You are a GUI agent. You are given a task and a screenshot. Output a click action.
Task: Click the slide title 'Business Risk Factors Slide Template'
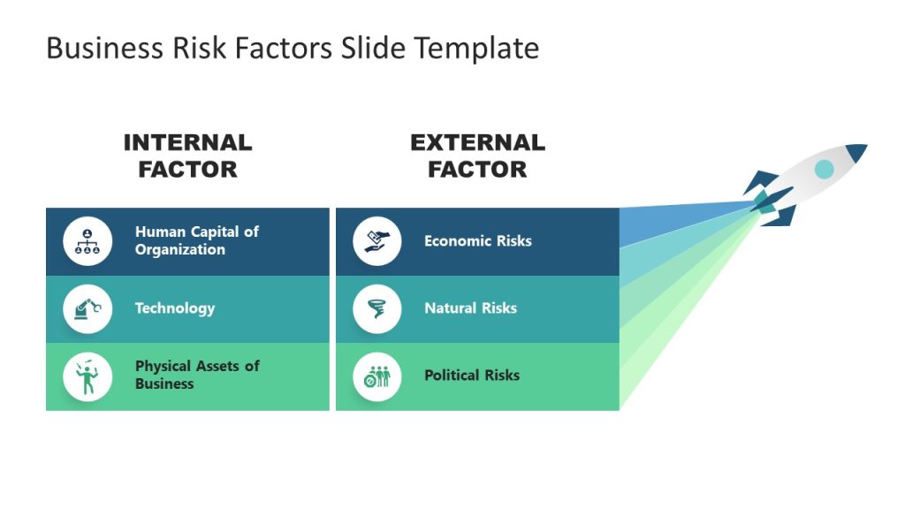(292, 48)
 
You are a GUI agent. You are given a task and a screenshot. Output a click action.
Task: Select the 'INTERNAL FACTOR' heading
(187, 156)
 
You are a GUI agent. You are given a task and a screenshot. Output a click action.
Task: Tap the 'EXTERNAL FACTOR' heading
(477, 156)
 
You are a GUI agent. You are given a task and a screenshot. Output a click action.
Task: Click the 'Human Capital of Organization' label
(196, 240)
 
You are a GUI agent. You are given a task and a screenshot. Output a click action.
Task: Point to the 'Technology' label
(174, 308)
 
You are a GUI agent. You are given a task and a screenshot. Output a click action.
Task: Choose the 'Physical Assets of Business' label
(196, 375)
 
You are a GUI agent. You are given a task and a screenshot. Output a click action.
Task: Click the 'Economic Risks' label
(477, 240)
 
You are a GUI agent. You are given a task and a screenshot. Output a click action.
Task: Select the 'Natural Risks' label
(470, 308)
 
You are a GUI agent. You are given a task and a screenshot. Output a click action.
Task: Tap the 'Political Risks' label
(472, 375)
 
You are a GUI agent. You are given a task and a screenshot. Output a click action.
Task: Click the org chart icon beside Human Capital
(87, 241)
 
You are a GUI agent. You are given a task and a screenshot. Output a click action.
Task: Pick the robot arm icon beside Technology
(87, 308)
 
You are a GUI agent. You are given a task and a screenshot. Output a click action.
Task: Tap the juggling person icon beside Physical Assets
(87, 376)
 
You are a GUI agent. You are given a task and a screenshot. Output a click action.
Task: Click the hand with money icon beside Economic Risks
(377, 241)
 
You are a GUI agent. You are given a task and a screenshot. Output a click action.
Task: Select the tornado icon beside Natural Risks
(377, 309)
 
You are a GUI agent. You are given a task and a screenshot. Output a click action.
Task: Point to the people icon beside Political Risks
(377, 376)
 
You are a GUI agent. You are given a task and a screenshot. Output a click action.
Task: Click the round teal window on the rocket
(824, 169)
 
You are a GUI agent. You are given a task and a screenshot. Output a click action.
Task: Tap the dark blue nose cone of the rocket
(856, 153)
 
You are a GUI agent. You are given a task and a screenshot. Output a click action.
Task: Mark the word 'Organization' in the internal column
(179, 250)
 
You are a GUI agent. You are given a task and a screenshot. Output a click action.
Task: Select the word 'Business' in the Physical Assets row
(164, 384)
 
